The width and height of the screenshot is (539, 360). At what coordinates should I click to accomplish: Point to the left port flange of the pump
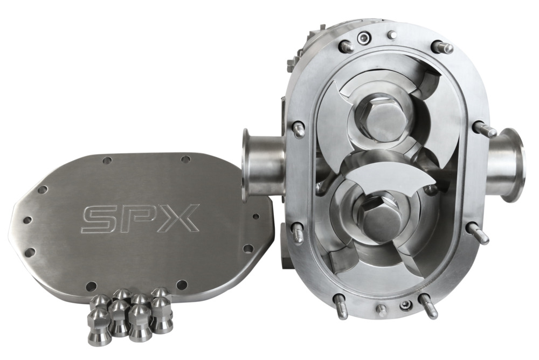coord(248,164)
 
